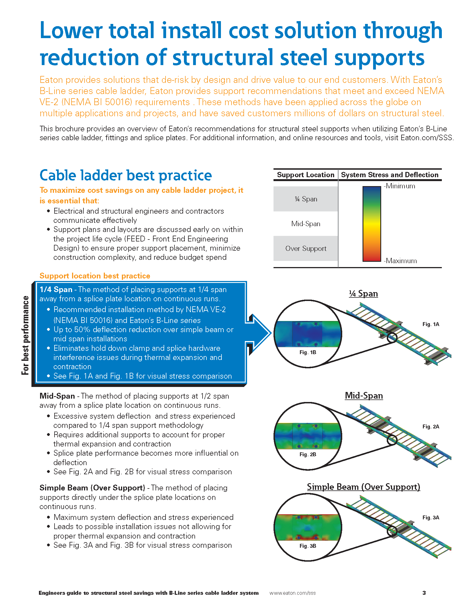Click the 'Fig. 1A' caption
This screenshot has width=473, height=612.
pos(431,324)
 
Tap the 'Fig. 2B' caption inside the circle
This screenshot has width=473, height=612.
pos(308,454)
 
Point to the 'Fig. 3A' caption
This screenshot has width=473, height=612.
pos(431,517)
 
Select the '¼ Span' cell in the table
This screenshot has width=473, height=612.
pos(306,199)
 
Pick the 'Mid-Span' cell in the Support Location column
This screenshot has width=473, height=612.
pos(306,224)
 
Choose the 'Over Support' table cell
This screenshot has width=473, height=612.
pos(306,248)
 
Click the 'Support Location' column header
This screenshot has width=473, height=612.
pos(306,175)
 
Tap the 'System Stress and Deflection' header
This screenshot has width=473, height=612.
pos(390,175)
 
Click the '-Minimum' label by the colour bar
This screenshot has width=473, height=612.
pos(400,186)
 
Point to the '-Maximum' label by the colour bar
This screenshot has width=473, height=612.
pos(400,261)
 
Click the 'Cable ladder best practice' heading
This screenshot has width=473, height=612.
pos(125,176)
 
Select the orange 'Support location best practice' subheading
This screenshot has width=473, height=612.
pos(95,276)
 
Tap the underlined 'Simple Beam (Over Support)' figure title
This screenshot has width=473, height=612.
pos(363,487)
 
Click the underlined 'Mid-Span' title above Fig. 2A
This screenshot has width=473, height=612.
pos(364,395)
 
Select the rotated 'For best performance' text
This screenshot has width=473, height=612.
pos(26,335)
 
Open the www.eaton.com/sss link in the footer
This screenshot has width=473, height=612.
pos(292,593)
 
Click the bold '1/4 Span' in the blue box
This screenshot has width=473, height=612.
pos(56,290)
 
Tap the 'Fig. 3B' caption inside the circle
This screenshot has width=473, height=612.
pos(308,546)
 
